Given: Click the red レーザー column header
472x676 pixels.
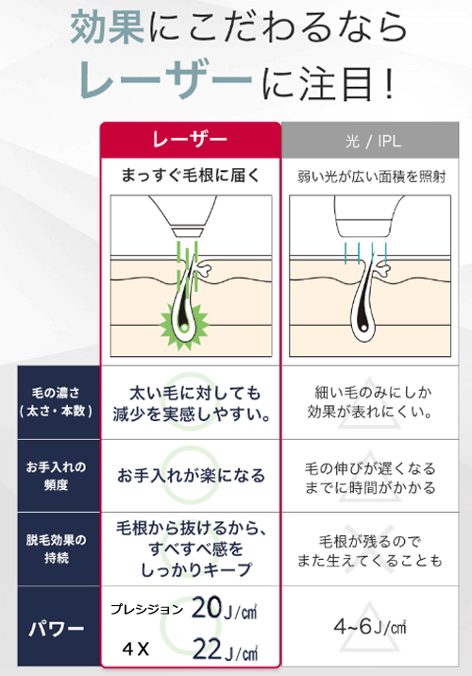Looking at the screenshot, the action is (191, 140).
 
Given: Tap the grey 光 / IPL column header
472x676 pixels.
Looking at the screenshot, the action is (370, 140).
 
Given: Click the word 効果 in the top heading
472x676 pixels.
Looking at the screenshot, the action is (108, 27).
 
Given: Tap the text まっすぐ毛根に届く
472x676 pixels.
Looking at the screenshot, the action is (191, 176).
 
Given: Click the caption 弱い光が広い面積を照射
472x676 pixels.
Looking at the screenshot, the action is (371, 177).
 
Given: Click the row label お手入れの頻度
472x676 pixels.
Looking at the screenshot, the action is (56, 476).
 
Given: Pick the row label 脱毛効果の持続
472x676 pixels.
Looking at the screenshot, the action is (56, 549).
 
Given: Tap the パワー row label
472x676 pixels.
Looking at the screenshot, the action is (56, 629).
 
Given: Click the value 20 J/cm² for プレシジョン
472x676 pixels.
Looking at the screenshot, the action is (224, 608).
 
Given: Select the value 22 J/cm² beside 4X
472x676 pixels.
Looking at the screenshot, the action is (225, 650).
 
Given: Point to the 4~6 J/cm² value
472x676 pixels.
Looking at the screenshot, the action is (370, 626).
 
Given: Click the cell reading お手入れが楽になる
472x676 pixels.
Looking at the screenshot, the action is (191, 476).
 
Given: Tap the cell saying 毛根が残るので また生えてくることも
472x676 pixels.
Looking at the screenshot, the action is (369, 550).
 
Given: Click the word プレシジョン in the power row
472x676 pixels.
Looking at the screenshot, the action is (147, 609).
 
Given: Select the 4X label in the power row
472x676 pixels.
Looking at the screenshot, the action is (135, 649).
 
